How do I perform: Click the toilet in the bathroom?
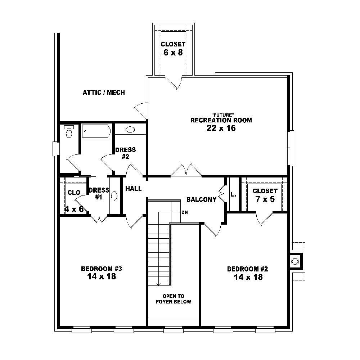tap(69, 133)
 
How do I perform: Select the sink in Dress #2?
tap(130, 130)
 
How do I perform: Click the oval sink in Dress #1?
tap(114, 196)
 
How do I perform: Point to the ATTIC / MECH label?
tap(104, 93)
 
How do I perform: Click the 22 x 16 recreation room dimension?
tap(221, 128)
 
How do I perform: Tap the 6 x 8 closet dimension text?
tap(173, 53)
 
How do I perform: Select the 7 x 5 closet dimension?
tap(265, 199)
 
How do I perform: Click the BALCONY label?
tap(201, 199)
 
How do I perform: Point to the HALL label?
tap(133, 188)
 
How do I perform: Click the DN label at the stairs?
tap(185, 212)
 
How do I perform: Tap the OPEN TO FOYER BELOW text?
tap(174, 299)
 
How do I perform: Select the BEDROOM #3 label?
tap(102, 269)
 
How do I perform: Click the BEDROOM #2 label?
tap(248, 269)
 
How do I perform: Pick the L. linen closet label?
tap(233, 195)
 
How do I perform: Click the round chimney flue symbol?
tap(295, 261)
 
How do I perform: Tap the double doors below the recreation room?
tap(186, 170)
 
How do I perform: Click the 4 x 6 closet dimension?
tap(74, 209)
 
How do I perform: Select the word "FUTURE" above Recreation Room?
tap(221, 114)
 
